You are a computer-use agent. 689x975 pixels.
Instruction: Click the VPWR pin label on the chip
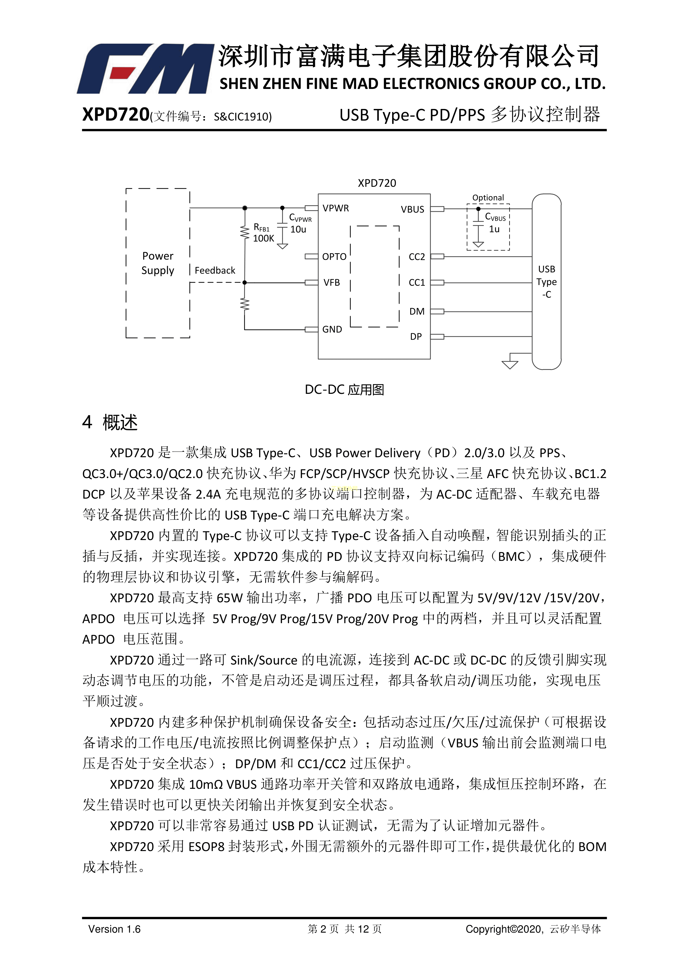tap(335, 208)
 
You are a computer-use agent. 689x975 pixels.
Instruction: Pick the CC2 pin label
tap(416, 257)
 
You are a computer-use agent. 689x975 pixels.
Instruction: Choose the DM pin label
tap(417, 311)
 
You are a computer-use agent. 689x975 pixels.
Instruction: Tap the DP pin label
tap(416, 336)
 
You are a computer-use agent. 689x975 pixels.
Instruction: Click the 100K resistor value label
tap(264, 238)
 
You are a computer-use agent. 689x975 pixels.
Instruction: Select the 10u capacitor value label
tap(298, 229)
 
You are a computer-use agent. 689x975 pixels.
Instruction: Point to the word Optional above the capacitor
tap(488, 197)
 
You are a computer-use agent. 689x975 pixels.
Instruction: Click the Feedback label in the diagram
tap(215, 270)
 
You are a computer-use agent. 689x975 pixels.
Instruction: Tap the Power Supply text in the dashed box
tap(158, 263)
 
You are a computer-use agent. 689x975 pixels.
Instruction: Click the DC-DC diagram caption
tap(344, 389)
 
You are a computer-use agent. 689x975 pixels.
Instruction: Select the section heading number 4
tap(87, 422)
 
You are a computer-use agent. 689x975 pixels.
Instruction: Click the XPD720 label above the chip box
tap(377, 183)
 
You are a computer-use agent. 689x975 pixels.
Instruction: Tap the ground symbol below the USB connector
tap(510, 364)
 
